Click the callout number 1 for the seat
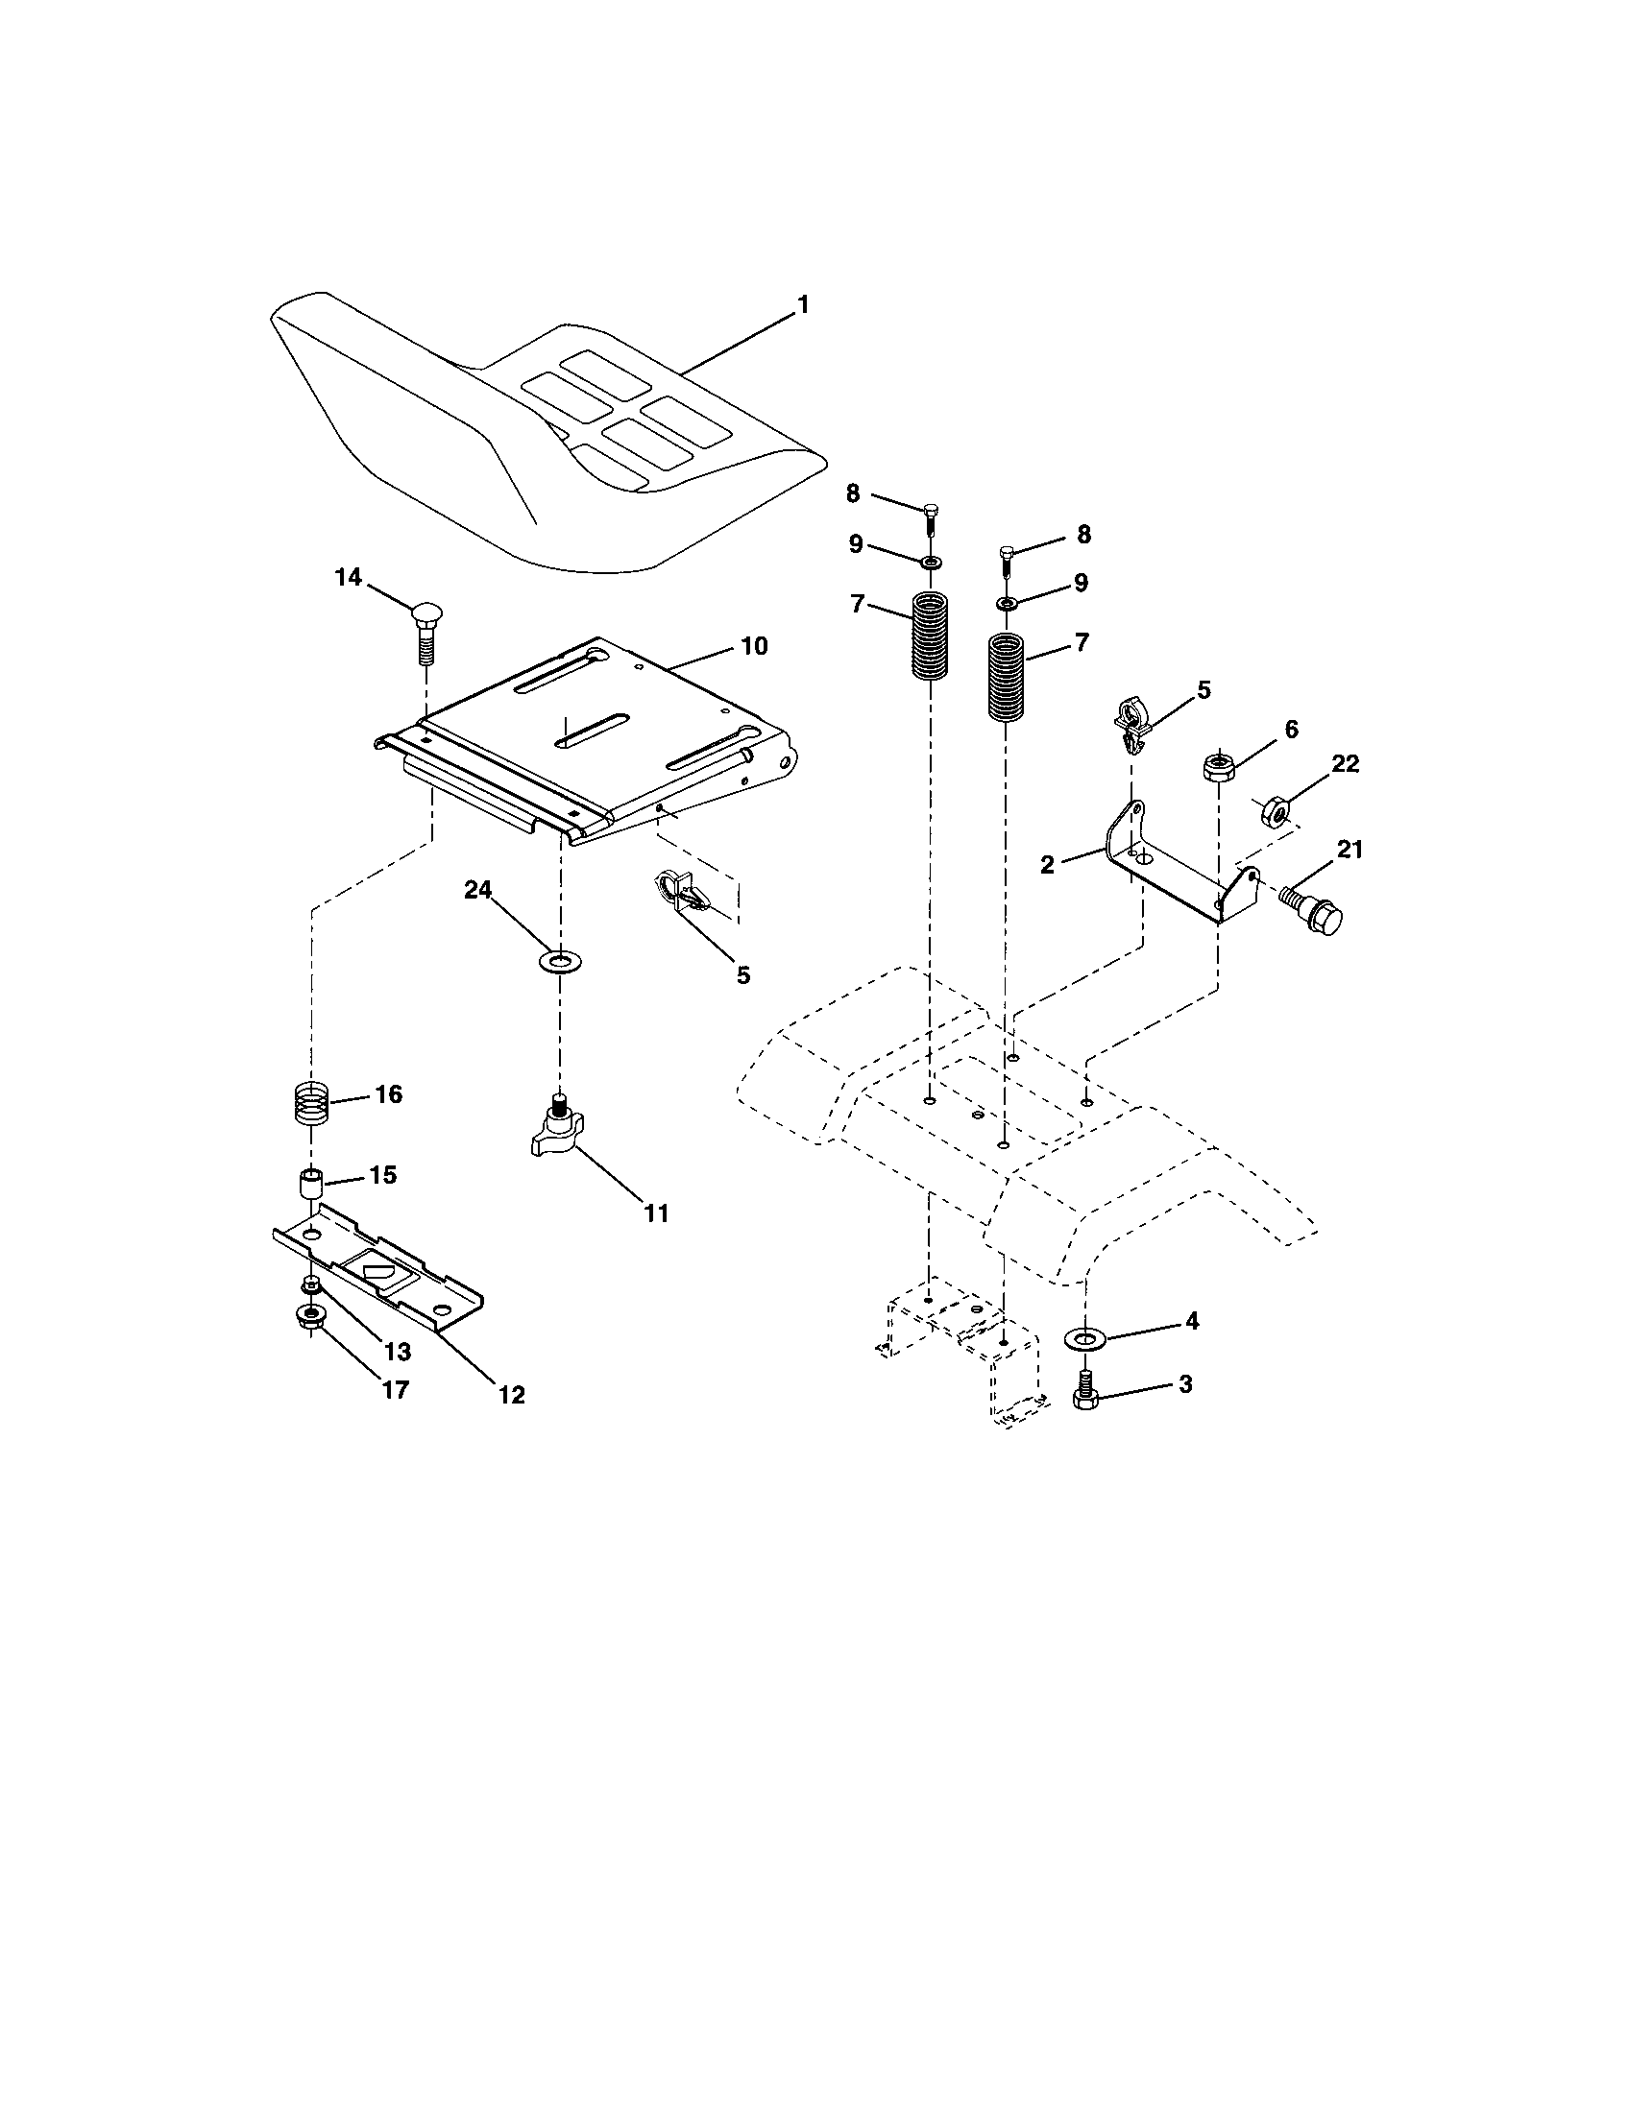[x=802, y=305]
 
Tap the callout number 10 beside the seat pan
[x=754, y=646]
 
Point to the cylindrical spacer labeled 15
[x=308, y=1186]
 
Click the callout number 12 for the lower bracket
[x=512, y=1395]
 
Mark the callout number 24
[x=478, y=890]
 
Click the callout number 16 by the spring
[x=389, y=1094]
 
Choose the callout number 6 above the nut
[x=1292, y=730]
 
